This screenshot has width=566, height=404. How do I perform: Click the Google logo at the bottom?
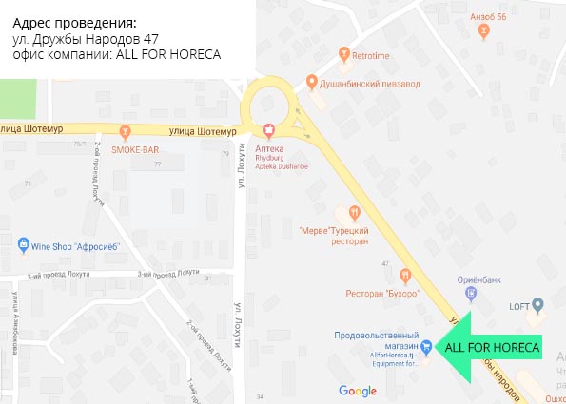pos(358,391)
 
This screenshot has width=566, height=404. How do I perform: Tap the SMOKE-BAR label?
pos(134,149)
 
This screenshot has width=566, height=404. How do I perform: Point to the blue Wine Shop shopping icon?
pos(24,245)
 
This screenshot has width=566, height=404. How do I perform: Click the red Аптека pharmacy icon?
pos(268,129)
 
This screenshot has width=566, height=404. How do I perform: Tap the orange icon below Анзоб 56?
pos(485,30)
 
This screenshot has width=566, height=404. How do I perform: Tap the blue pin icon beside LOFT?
pos(537,305)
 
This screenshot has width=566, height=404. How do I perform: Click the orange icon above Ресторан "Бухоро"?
pos(404,276)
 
